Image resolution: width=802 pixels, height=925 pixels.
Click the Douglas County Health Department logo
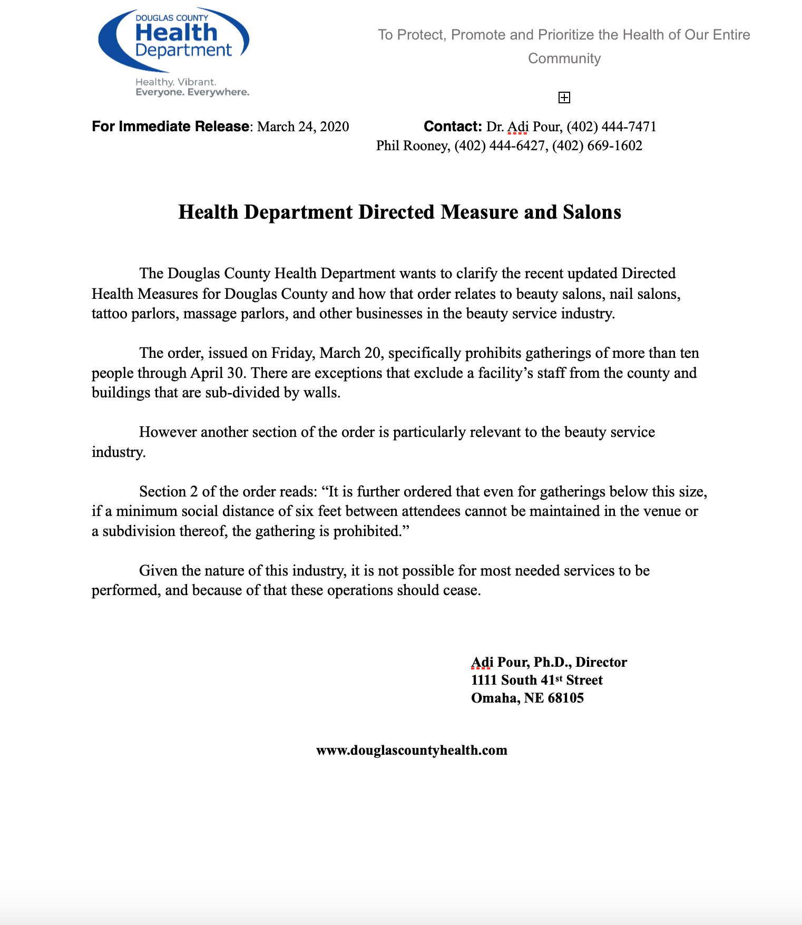coord(174,40)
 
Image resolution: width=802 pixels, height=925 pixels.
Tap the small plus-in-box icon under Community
coord(564,98)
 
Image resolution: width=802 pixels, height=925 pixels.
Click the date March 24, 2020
coord(303,127)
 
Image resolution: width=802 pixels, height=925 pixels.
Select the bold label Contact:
coord(453,127)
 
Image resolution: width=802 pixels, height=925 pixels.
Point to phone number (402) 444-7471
coord(611,127)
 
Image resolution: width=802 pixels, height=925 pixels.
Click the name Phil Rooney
coord(412,146)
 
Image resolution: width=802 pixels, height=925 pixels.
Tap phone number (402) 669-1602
coord(597,146)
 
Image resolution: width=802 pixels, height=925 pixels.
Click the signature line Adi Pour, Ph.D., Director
coord(549,663)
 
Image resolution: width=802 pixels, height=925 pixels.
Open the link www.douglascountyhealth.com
coord(412,751)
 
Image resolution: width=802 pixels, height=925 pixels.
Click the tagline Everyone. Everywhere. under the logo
coord(192,93)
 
